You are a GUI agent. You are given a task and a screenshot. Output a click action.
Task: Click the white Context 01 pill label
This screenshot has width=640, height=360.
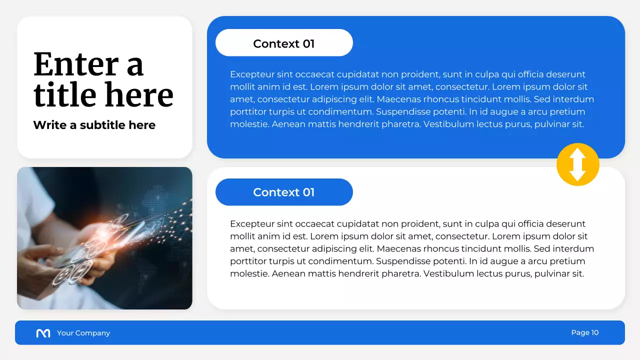(284, 43)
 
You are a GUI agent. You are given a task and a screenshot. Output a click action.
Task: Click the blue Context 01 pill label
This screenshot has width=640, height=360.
(284, 192)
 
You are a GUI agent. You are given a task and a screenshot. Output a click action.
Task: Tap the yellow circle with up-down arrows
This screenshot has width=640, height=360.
(577, 164)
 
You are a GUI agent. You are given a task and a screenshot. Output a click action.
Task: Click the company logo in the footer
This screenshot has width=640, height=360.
(43, 333)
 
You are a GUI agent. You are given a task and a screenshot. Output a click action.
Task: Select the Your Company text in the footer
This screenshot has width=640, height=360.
(83, 333)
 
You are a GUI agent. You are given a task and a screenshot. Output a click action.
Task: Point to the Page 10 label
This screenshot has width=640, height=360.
(584, 332)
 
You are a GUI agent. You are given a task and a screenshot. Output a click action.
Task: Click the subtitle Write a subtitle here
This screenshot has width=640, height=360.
(94, 125)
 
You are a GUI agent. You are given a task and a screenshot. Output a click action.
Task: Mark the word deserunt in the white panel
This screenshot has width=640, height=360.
(564, 224)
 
